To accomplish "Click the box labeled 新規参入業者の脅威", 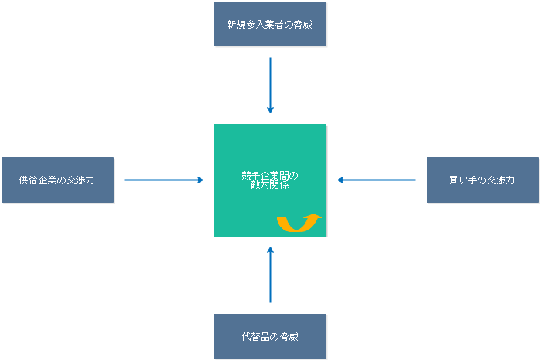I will pyautogui.click(x=270, y=24).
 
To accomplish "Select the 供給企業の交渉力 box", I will pyautogui.click(x=58, y=180).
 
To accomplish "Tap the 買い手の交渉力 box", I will pyautogui.click(x=483, y=180).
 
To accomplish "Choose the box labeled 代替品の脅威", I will pyautogui.click(x=270, y=337).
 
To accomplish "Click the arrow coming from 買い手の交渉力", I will pyautogui.click(x=376, y=180).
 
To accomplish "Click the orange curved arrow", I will pyautogui.click(x=297, y=224).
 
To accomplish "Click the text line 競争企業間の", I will pyautogui.click(x=269, y=176).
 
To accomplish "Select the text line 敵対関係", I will pyautogui.click(x=269, y=186).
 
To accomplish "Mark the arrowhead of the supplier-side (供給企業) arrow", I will pyautogui.click(x=201, y=180).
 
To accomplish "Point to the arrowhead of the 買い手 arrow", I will pyautogui.click(x=340, y=180).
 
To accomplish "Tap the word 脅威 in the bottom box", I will pyautogui.click(x=289, y=337).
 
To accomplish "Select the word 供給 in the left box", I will pyautogui.click(x=29, y=180).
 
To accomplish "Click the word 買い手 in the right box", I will pyautogui.click(x=463, y=180).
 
